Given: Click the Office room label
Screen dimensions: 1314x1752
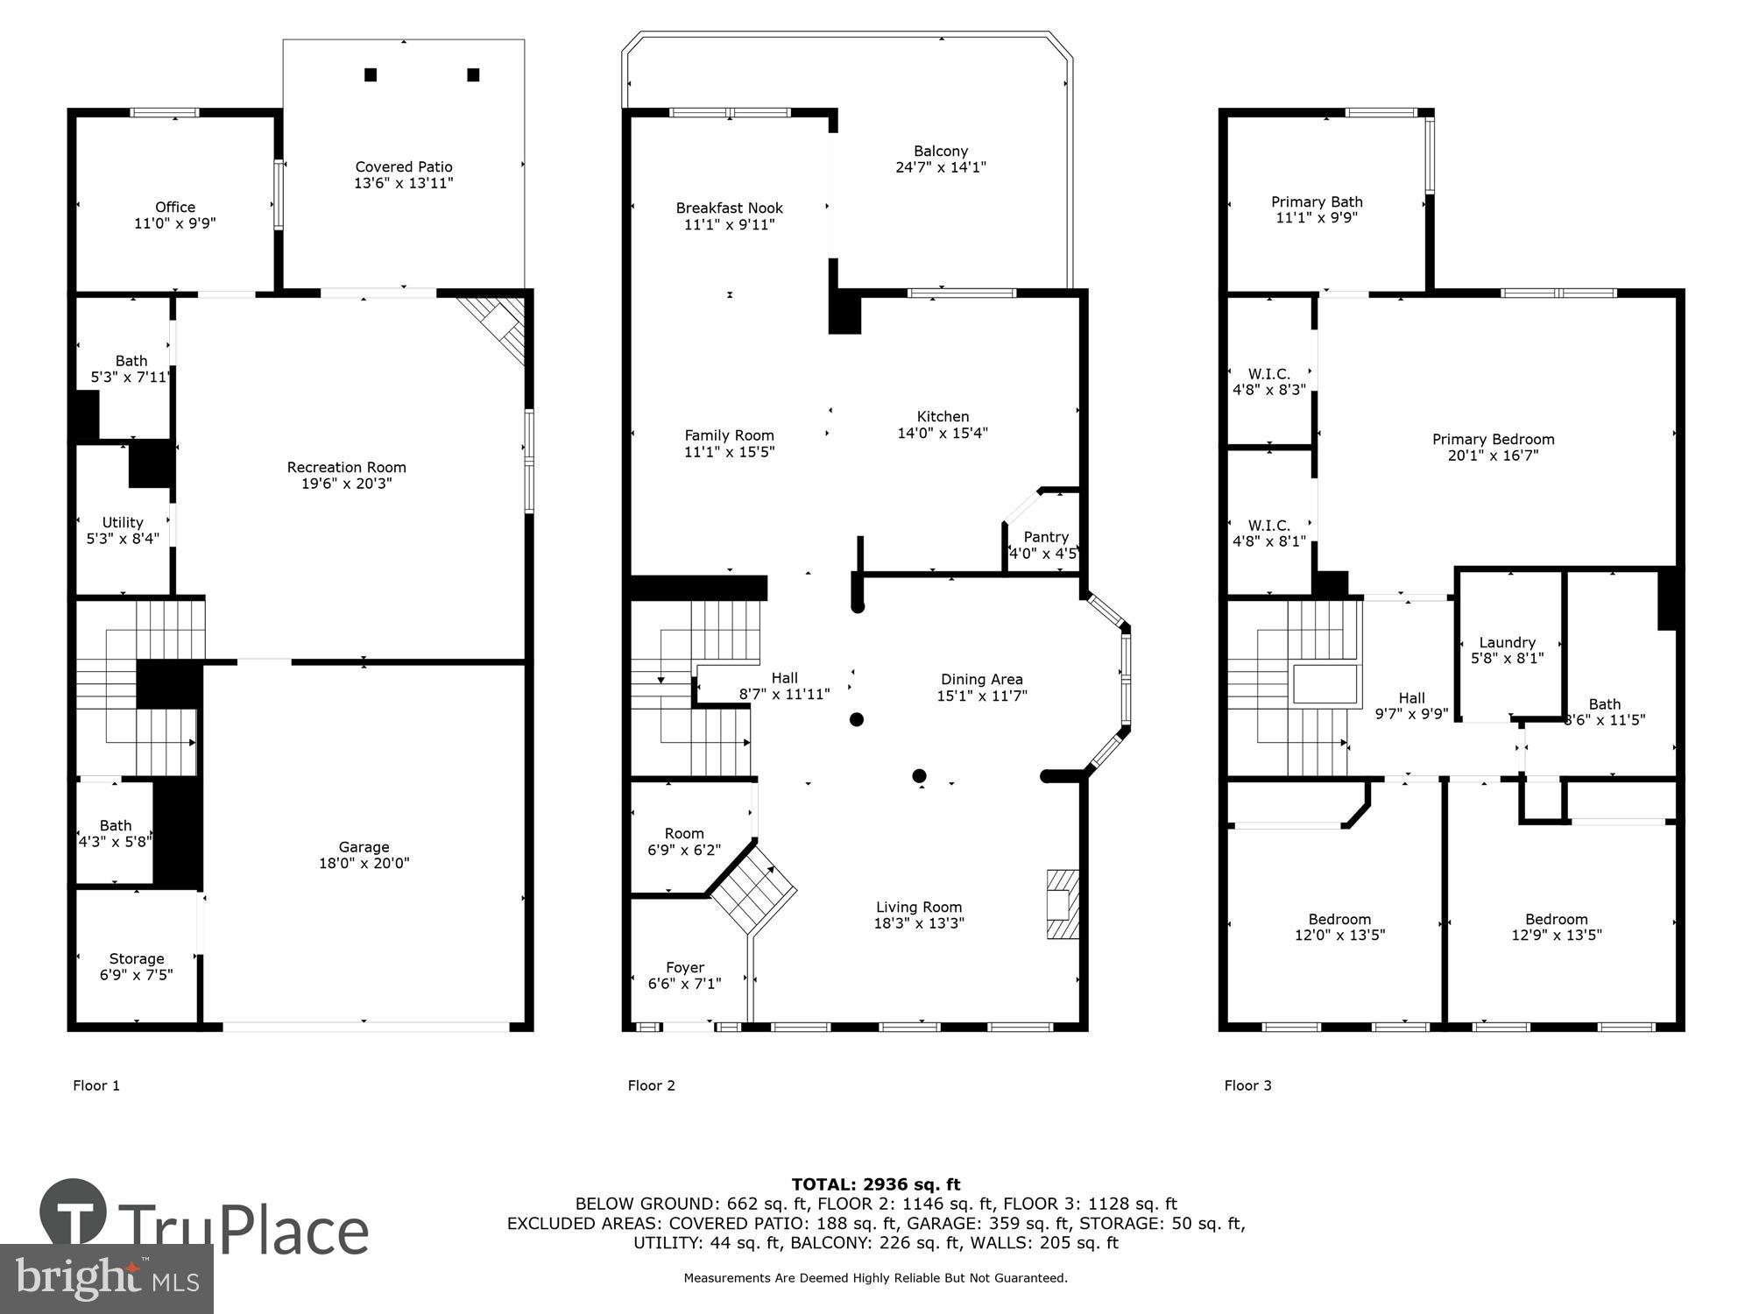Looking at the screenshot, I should click(175, 208).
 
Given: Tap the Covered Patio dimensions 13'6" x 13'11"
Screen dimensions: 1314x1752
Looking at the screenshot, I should click(404, 183).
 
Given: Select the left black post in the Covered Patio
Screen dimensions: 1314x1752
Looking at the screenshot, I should click(371, 75).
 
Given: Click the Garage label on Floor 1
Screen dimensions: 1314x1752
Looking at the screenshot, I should click(364, 847).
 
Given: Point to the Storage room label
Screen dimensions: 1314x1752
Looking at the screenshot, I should click(137, 959).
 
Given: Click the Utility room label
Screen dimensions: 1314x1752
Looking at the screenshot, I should click(123, 523).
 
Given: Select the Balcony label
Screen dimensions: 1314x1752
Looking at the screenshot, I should click(941, 152).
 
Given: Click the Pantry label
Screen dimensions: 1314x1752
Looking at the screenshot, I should click(1046, 537).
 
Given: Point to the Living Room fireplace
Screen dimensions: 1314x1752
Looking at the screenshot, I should click(1062, 904).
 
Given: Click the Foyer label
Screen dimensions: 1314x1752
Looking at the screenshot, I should click(685, 968).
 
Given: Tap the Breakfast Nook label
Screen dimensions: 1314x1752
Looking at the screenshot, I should click(729, 208).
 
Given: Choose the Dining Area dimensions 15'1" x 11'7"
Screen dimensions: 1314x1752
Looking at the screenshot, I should click(981, 696).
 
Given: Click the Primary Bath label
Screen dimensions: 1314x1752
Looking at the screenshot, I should click(1317, 202).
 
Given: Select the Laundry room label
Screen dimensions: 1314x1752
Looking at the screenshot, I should click(1507, 642).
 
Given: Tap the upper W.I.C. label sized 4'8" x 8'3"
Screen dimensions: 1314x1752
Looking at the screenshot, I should click(1269, 374).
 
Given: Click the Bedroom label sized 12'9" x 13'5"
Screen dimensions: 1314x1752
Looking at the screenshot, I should click(1556, 919).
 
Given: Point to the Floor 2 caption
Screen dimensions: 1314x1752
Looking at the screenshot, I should click(651, 1085).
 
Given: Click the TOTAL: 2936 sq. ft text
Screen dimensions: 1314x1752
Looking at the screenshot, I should click(876, 1185).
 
